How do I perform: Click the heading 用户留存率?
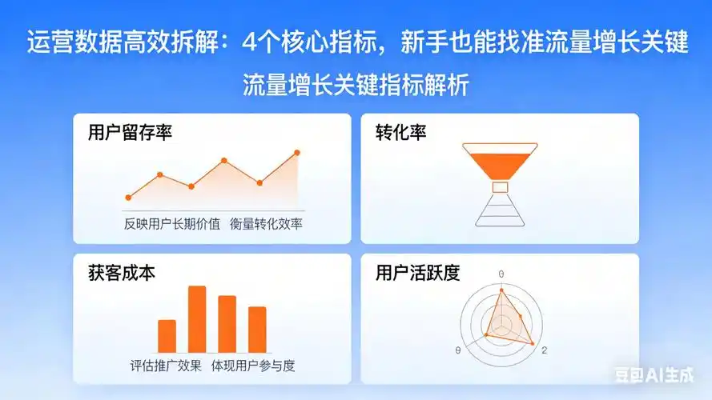pos(130,133)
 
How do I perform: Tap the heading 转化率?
pos(400,133)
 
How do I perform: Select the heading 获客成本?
pos(122,273)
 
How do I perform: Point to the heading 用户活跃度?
pos(417,273)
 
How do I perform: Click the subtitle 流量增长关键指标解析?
pos(356,86)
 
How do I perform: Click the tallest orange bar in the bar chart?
pos(197,318)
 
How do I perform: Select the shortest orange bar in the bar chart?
pos(167,336)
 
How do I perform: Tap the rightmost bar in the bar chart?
pos(257,329)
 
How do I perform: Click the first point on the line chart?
pos(128,197)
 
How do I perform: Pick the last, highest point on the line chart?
pos(297,152)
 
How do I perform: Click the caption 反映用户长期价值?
pos(171,223)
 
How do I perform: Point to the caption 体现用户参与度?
pos(253,366)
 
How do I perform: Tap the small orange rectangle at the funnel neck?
pos(501,187)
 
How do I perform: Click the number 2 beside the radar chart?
pos(545,351)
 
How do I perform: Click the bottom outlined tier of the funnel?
pos(501,222)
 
